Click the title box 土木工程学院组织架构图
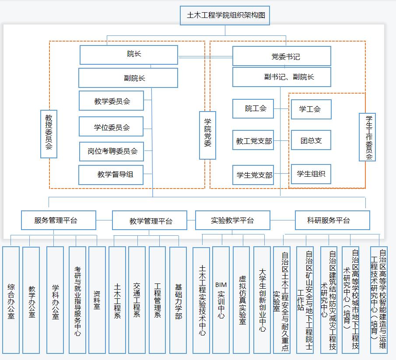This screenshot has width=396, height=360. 225,16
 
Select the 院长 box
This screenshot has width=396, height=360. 129,55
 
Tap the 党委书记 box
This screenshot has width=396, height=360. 281,56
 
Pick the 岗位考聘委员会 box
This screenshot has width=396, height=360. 112,151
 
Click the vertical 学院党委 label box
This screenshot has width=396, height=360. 208,135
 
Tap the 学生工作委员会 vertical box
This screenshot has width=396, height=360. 368,137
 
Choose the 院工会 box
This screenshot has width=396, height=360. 253,108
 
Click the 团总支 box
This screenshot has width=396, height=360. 311,140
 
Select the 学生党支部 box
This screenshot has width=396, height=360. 253,175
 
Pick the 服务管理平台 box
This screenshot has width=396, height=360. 59,220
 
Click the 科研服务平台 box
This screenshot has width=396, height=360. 332,220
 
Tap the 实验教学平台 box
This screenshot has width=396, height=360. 232,220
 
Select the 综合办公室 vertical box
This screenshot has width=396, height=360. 11,300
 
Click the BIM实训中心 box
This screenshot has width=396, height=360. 221,300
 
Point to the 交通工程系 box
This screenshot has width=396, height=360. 137,300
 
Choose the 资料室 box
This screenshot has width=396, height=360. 97,300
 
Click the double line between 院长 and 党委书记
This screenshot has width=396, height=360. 205,56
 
